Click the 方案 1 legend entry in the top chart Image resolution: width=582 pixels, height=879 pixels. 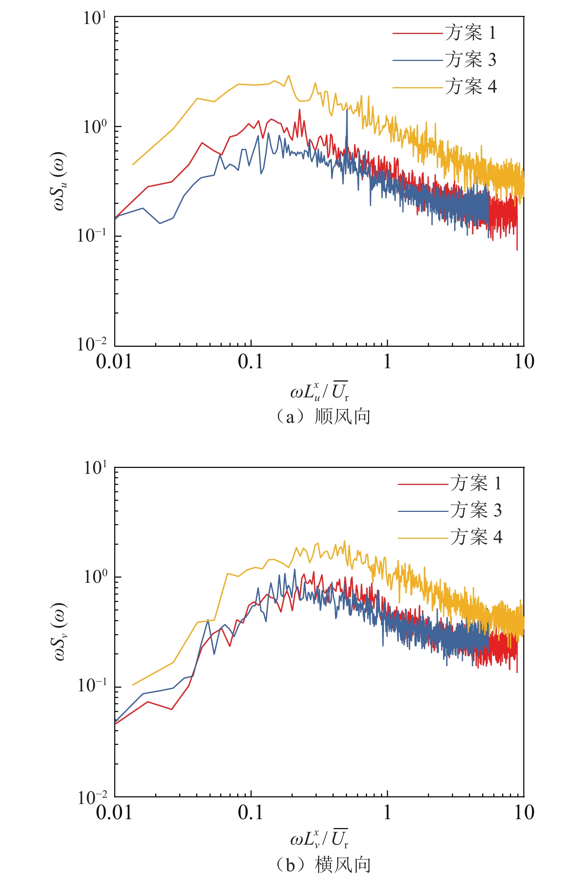470,33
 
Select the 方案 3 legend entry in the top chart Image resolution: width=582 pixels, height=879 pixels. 470,60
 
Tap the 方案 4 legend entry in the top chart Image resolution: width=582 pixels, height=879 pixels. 470,86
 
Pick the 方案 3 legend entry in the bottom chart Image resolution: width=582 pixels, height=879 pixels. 476,510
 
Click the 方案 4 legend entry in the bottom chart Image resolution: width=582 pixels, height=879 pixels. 476,537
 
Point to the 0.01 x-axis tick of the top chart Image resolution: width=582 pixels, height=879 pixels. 114,362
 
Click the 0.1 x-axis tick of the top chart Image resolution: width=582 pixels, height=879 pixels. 251,362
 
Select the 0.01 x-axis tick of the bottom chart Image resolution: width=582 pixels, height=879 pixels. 114,812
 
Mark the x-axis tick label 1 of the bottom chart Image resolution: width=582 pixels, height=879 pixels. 388,812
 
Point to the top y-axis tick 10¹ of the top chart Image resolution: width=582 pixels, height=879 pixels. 95,18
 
